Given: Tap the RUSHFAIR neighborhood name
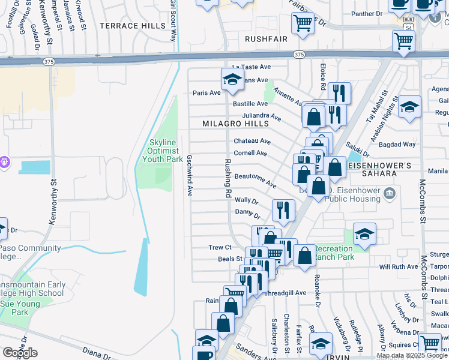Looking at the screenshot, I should (x=266, y=38).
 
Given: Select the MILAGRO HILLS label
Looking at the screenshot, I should (x=235, y=123).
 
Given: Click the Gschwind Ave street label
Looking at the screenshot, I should (x=189, y=176).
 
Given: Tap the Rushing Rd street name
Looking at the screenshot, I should (x=228, y=179).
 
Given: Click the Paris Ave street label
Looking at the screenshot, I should (x=206, y=93).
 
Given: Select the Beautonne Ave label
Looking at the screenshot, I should (x=255, y=179).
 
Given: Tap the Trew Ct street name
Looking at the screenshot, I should (x=220, y=247).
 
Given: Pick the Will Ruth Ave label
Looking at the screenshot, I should (x=397, y=266).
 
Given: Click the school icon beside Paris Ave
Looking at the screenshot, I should (x=232, y=79).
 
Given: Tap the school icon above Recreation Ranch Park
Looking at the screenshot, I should (x=364, y=233).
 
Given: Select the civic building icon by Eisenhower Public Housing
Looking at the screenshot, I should (x=390, y=193).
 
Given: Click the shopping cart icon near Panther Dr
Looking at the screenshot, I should (x=303, y=24).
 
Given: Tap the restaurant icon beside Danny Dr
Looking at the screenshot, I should (x=283, y=209).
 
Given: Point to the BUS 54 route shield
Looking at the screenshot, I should (x=408, y=28).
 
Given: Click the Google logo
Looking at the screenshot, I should (x=20, y=352).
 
